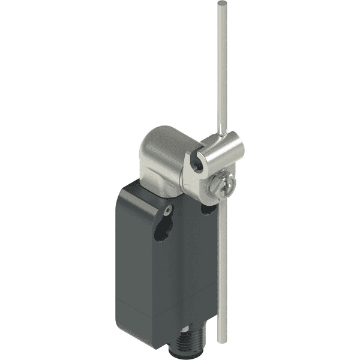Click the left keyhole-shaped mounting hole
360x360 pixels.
point(161,230)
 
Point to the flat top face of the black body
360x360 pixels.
point(141,191)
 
